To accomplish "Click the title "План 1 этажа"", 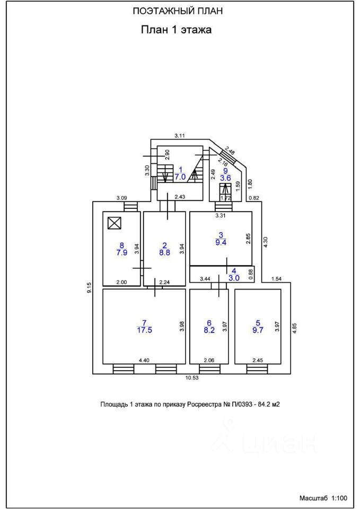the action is [x=176, y=30].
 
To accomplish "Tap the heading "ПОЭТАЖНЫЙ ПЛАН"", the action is [x=177, y=11].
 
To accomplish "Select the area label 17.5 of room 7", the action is [x=144, y=329].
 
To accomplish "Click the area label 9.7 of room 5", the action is [x=258, y=329].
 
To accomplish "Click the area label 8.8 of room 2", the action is [x=164, y=253].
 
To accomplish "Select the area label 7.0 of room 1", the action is [x=180, y=177].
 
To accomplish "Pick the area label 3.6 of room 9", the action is [x=225, y=179].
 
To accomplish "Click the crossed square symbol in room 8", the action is [x=114, y=223].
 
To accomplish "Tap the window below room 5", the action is [x=257, y=368].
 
